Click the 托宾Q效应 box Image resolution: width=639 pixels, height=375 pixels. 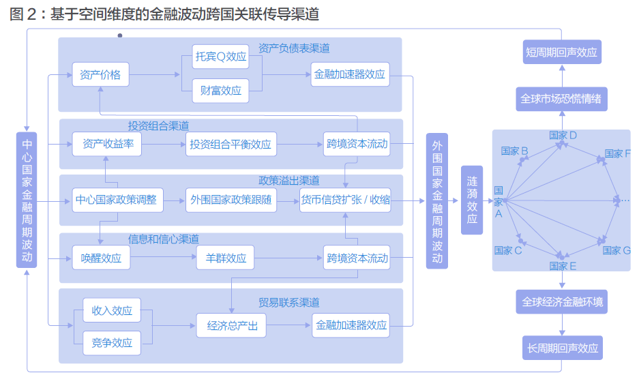tap(221, 57)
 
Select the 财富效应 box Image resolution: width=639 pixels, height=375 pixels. tap(221, 90)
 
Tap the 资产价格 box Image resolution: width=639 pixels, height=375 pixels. tap(100, 74)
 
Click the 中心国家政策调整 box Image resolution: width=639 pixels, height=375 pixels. tap(116, 200)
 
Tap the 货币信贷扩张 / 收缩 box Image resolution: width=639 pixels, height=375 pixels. tap(345, 200)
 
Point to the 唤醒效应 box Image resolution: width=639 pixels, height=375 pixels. tap(101, 258)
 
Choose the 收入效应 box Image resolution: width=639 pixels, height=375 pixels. tap(112, 311)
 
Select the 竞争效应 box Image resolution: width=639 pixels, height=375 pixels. tap(112, 342)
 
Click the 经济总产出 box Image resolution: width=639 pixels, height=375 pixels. tap(233, 325)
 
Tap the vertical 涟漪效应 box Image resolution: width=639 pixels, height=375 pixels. tap(472, 200)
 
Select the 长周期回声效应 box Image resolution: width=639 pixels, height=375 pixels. tap(562, 348)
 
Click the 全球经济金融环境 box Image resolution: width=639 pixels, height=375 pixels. tap(562, 301)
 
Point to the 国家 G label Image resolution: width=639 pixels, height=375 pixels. tap(616, 251)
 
